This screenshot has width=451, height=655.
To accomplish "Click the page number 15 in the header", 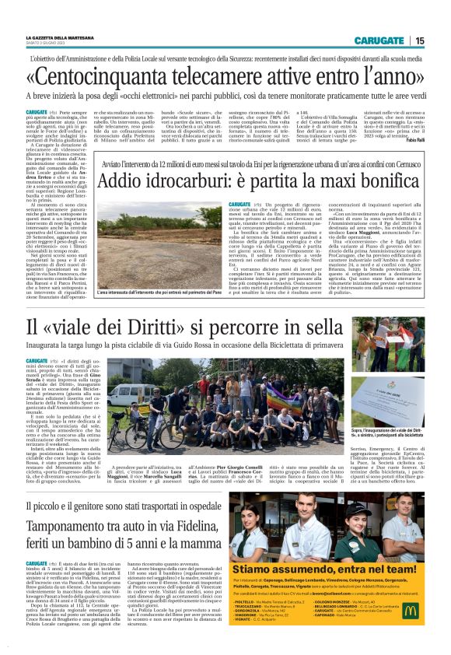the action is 420,40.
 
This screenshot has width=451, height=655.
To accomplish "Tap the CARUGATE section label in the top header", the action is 378,40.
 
